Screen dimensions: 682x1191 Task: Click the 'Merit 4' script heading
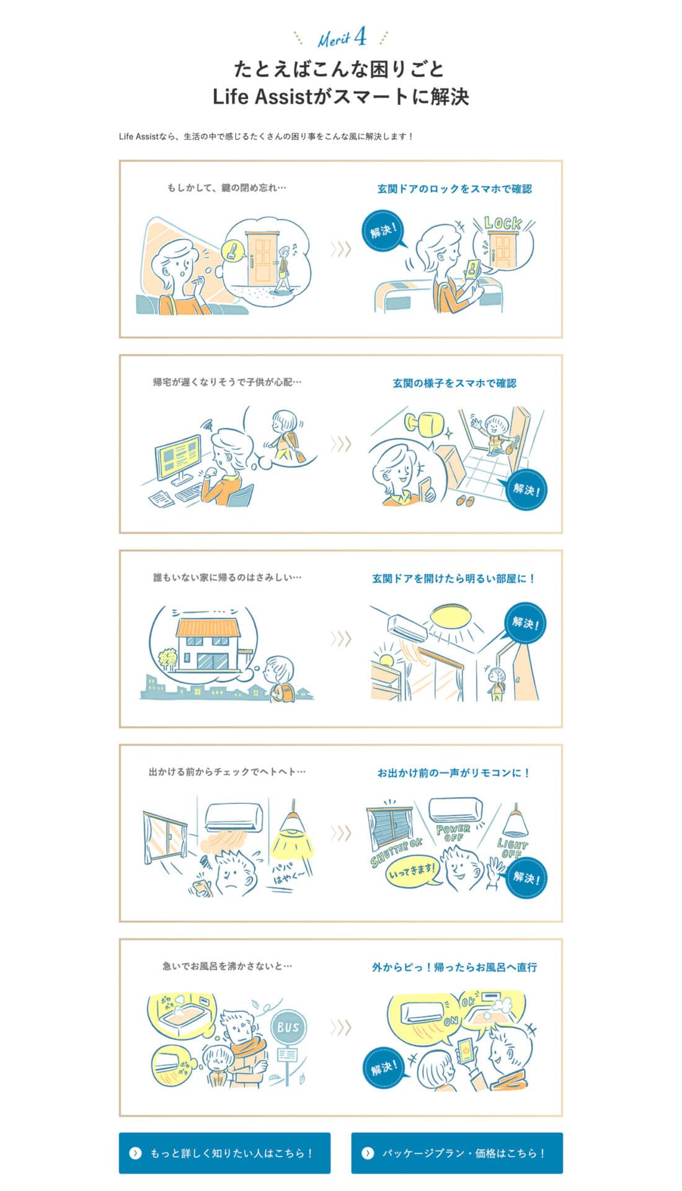[x=342, y=38]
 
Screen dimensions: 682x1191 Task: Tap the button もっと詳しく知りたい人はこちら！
[x=224, y=1153]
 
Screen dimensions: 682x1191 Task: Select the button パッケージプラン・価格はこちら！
[x=457, y=1153]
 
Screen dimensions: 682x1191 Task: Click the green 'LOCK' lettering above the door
[x=503, y=223]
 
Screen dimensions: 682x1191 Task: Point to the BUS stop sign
[x=288, y=1027]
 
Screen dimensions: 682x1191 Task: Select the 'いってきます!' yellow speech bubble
[x=412, y=872]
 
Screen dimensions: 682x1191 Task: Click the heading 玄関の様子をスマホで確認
[x=454, y=383]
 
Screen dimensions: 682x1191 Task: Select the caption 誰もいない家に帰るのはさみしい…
[x=228, y=578]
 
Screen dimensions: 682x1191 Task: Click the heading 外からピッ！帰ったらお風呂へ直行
[x=454, y=967]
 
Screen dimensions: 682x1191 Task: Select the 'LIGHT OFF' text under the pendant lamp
[x=512, y=848]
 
